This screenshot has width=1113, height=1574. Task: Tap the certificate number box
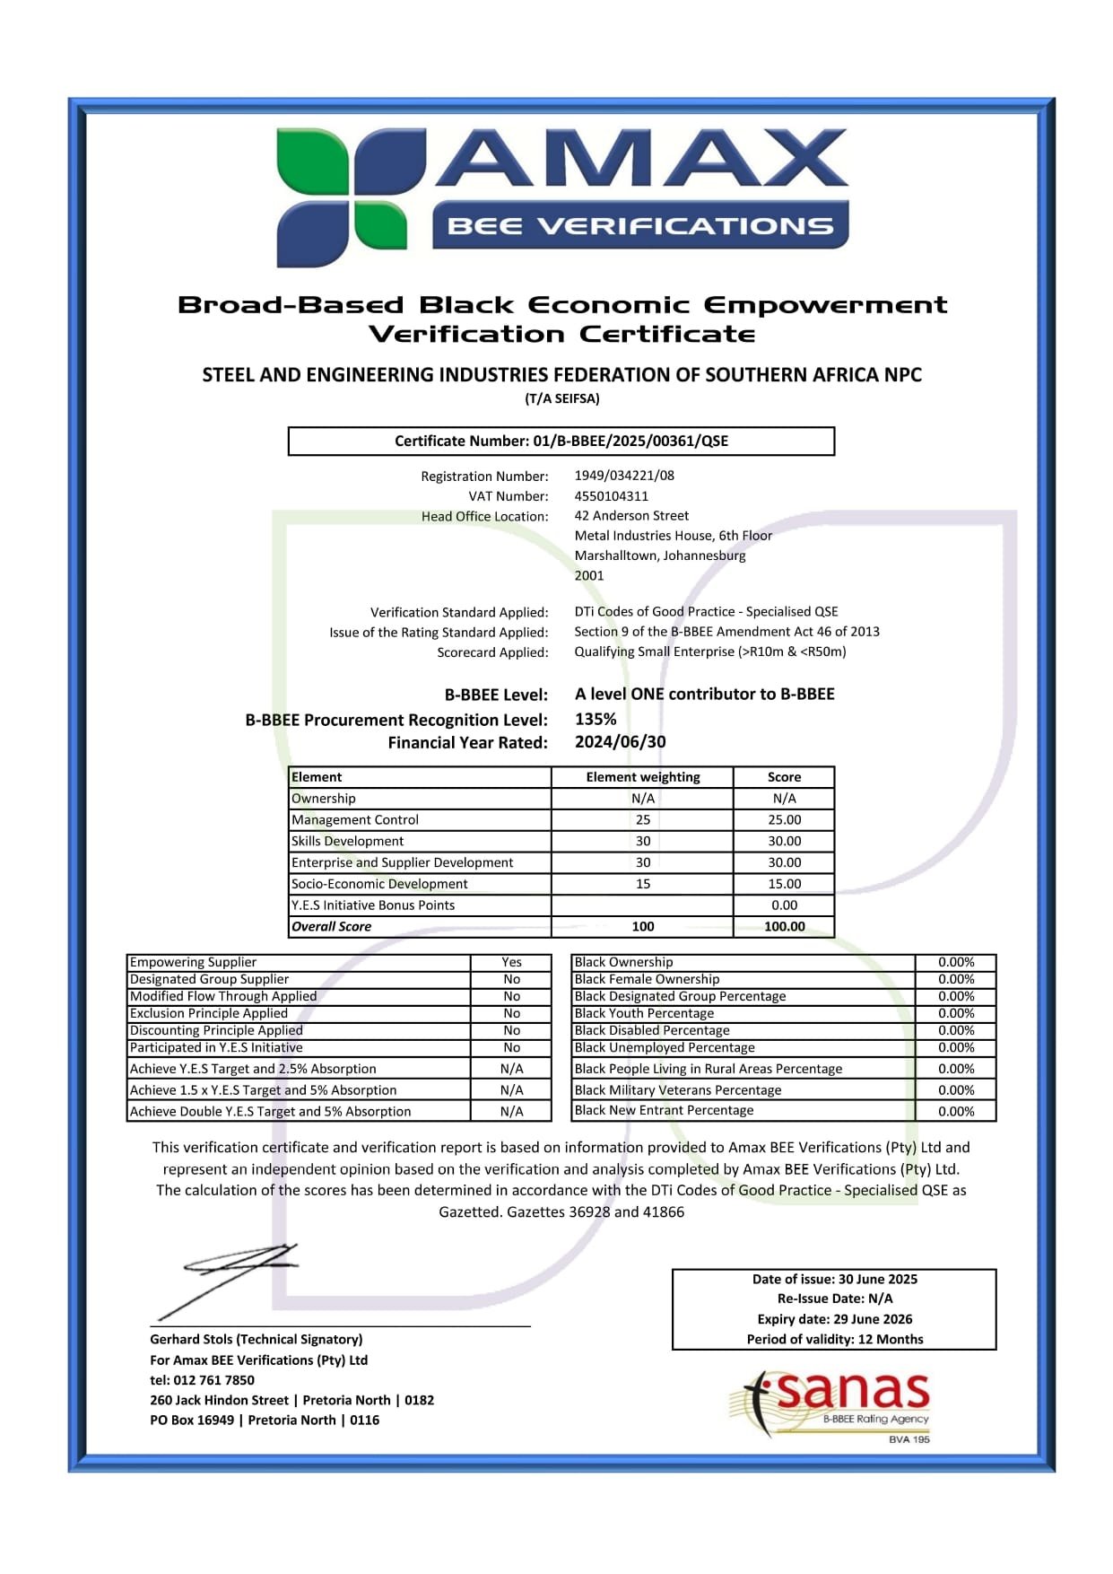(561, 441)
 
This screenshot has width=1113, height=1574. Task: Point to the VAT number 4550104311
(611, 496)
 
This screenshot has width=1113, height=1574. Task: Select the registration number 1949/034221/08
(624, 476)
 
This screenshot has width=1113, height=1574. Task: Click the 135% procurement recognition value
(596, 719)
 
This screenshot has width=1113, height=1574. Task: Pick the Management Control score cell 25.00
(784, 819)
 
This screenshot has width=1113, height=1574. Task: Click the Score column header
(784, 777)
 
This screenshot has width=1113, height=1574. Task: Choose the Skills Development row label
(347, 841)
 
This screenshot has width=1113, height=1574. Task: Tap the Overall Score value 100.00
(784, 926)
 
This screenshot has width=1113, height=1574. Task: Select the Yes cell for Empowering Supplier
(511, 962)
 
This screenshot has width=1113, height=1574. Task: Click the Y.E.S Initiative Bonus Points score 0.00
(784, 905)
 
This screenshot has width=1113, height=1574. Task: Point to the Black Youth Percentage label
(644, 1013)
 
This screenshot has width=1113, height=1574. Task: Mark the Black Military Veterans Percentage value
(956, 1090)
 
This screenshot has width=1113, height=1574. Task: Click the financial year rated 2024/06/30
(620, 742)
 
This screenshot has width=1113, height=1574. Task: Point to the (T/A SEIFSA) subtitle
(562, 398)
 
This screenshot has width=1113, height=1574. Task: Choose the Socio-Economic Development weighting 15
(643, 884)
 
